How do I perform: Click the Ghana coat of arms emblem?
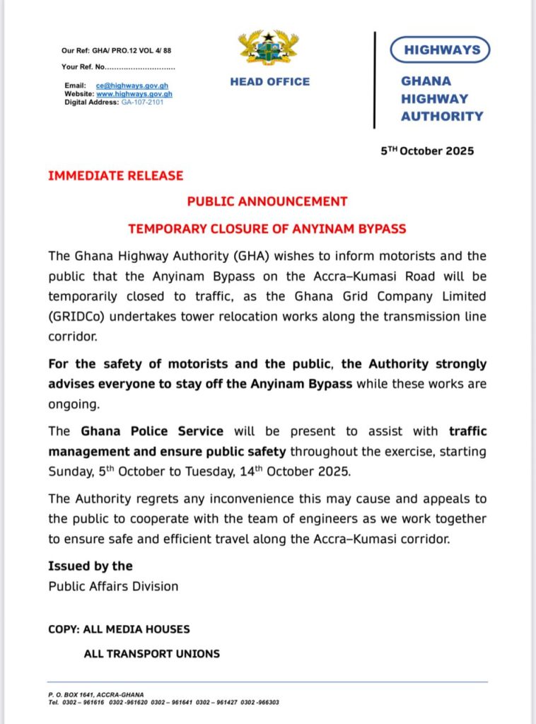[269, 48]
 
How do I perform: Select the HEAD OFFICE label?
[269, 82]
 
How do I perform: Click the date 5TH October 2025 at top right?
[427, 151]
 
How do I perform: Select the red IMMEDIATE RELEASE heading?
[115, 176]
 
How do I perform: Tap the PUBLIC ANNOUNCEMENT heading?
[267, 202]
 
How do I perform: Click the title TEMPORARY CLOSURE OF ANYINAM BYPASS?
[267, 229]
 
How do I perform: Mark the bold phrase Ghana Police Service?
[152, 430]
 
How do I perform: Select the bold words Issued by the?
[90, 566]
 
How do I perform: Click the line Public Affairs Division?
[113, 586]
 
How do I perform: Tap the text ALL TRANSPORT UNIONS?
[151, 654]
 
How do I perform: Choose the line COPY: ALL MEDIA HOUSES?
[119, 629]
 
